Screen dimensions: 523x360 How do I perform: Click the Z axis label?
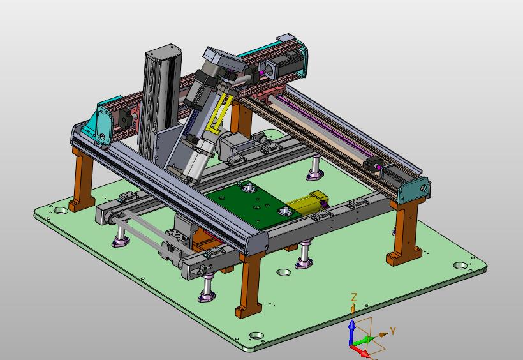point(354,297)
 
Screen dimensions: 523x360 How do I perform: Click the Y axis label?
point(393,331)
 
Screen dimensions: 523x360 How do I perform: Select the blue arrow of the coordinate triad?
point(351,331)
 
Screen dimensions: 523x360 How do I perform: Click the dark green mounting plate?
point(253,204)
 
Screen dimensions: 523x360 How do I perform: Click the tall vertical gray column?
point(161,100)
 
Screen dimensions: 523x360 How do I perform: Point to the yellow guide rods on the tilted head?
point(219,113)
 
